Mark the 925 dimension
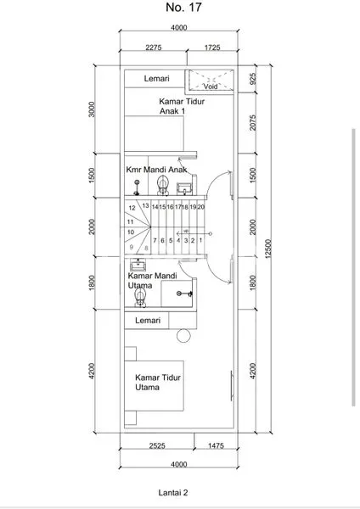click(x=253, y=82)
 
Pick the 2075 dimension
click(x=253, y=124)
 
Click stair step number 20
click(x=201, y=206)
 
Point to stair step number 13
click(x=146, y=205)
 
